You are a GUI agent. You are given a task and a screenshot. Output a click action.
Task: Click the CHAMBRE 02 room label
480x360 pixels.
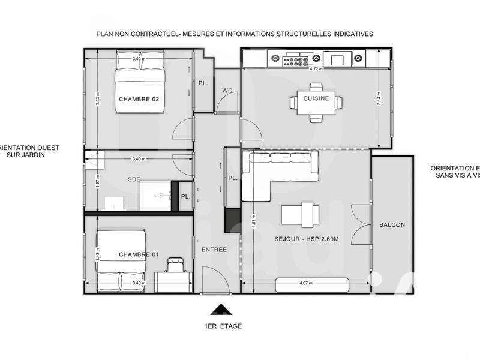pyautogui.click(x=139, y=99)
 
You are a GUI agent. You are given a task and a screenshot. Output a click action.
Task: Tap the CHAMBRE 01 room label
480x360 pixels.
pyautogui.click(x=139, y=255)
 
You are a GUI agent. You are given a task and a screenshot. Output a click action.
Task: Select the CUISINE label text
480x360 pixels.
pyautogui.click(x=316, y=98)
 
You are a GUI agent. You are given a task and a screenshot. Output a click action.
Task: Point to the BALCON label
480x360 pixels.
pyautogui.click(x=392, y=225)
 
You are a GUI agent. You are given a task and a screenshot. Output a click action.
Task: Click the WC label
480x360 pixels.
pyautogui.click(x=227, y=91)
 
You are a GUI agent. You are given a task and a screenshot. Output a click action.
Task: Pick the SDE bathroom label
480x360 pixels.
pyautogui.click(x=134, y=179)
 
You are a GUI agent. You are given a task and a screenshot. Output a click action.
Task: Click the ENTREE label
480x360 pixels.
pyautogui.click(x=214, y=250)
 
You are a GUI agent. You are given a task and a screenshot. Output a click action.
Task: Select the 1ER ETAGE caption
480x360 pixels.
pyautogui.click(x=222, y=327)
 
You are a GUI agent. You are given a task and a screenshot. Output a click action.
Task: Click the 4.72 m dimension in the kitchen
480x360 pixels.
pyautogui.click(x=316, y=69)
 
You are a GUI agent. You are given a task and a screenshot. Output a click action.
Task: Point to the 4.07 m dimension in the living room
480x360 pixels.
pyautogui.click(x=306, y=281)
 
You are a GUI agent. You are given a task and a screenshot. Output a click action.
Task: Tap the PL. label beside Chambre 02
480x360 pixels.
pyautogui.click(x=203, y=84)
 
